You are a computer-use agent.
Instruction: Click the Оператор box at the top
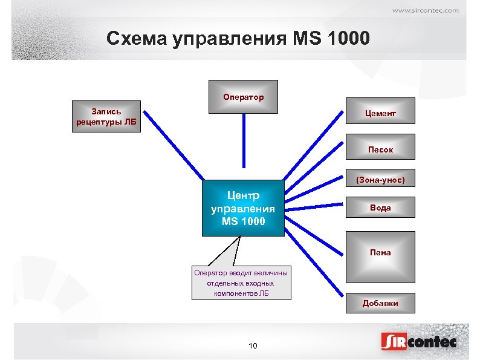243,97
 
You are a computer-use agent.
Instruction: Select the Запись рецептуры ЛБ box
106,117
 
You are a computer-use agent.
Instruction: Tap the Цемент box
380,114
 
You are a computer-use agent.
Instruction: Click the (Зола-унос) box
380,179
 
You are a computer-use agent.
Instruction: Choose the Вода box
380,208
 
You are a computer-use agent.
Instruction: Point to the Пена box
380,252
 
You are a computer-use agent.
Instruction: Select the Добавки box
380,303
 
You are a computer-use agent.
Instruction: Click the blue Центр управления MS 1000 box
243,208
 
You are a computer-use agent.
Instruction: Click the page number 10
253,346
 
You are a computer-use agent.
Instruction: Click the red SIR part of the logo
394,342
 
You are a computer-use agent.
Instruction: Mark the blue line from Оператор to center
244,140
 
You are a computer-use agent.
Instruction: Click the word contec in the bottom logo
433,342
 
